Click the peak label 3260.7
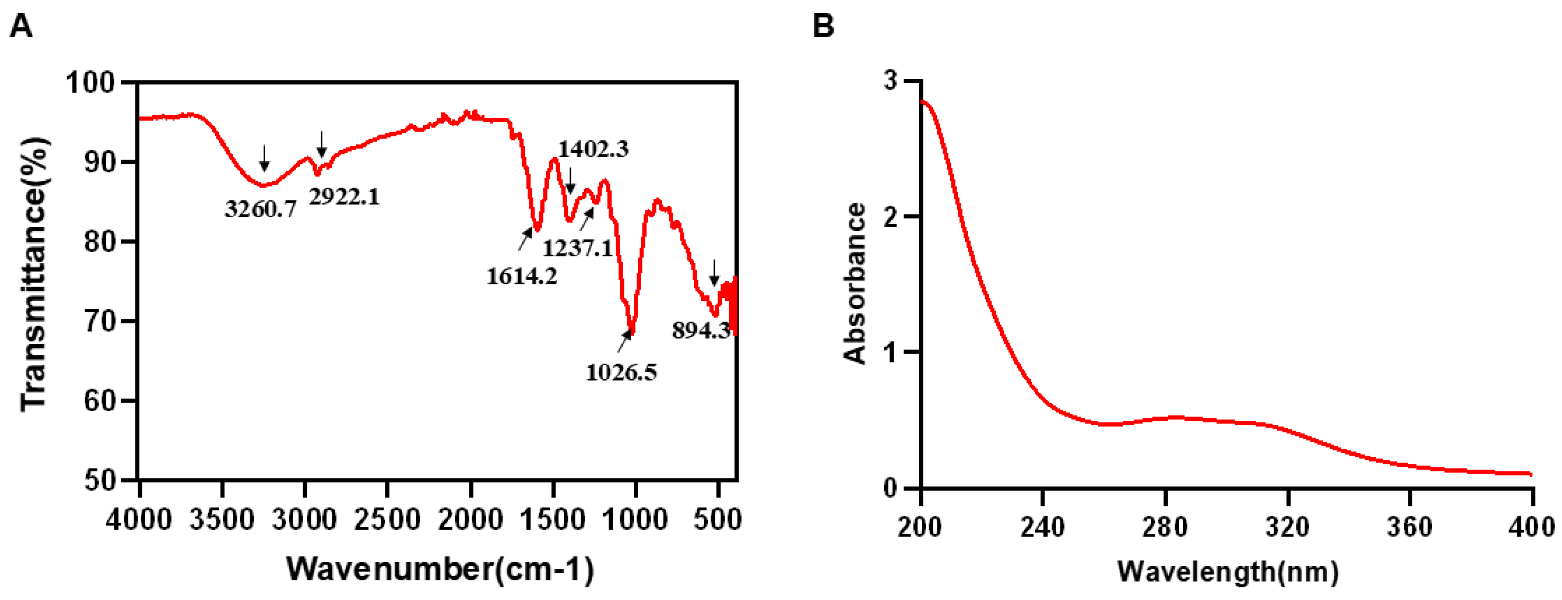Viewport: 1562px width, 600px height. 261,209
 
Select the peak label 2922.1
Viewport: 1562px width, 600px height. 344,196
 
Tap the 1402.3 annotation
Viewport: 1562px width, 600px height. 593,149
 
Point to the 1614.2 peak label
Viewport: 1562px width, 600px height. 522,276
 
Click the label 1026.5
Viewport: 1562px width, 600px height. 621,372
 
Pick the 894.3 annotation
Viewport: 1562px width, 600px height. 701,330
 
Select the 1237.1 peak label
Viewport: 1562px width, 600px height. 577,248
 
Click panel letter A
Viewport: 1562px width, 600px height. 21,26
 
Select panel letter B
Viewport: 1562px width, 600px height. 823,26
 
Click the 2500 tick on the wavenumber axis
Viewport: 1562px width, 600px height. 387,520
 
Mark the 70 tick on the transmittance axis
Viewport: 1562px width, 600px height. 100,321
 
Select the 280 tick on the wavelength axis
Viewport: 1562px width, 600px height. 1165,527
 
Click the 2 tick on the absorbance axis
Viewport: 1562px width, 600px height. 890,217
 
